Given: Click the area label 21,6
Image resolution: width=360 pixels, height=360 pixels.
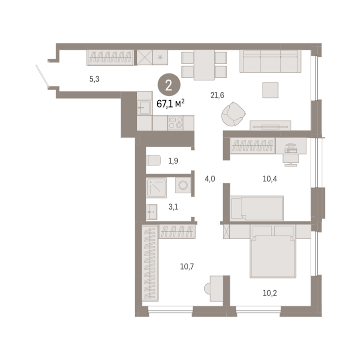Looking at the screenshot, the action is pyautogui.click(x=217, y=95).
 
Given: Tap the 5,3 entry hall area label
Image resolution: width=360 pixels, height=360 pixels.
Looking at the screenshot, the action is pyautogui.click(x=94, y=79).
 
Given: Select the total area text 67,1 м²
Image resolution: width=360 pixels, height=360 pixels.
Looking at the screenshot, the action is pyautogui.click(x=171, y=104).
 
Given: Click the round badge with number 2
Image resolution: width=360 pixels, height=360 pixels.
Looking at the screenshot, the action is pyautogui.click(x=169, y=85).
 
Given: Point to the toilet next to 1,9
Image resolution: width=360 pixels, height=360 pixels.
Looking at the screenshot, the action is pyautogui.click(x=153, y=160).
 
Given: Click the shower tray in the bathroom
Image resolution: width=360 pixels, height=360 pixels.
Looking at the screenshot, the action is pyautogui.click(x=157, y=188).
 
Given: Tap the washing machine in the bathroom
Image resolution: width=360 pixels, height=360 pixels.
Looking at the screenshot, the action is pyautogui.click(x=183, y=185).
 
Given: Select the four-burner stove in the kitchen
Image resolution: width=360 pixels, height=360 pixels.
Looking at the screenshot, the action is pyautogui.click(x=175, y=123).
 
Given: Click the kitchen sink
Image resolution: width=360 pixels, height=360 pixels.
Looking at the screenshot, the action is pyautogui.click(x=145, y=107).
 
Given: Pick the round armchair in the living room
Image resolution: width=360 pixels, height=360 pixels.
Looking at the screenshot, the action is pyautogui.click(x=233, y=114).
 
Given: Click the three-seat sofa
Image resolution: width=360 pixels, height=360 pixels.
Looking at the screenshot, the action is pyautogui.click(x=270, y=61).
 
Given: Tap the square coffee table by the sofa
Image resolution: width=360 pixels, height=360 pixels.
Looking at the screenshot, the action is pyautogui.click(x=270, y=90).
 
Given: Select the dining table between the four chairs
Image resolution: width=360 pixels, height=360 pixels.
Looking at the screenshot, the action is pyautogui.click(x=204, y=65).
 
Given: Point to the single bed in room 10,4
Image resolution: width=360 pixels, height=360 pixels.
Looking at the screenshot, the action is pyautogui.click(x=257, y=208).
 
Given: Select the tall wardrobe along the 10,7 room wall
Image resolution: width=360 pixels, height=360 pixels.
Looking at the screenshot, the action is pyautogui.click(x=150, y=263).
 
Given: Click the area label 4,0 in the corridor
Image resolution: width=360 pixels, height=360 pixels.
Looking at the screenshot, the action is pyautogui.click(x=210, y=179).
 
